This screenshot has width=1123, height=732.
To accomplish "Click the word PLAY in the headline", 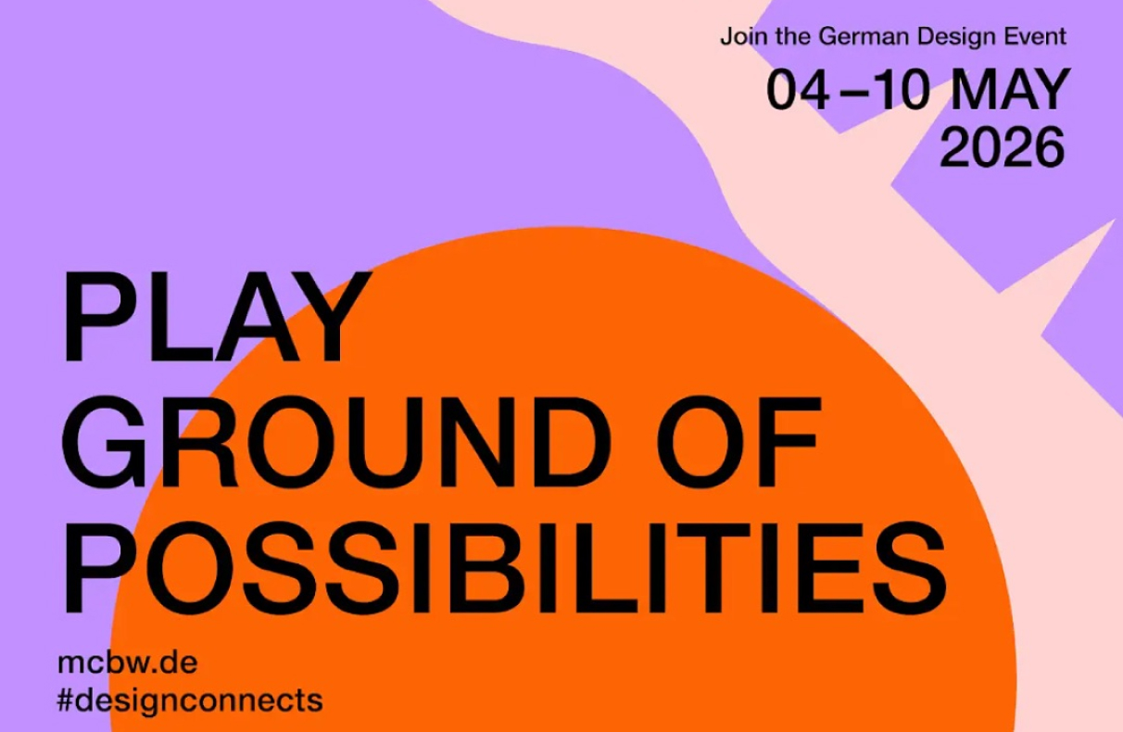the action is pyautogui.click(x=216, y=316).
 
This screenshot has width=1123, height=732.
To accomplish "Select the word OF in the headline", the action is pyautogui.click(x=738, y=442).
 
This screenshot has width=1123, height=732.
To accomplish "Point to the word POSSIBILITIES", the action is pyautogui.click(x=505, y=568).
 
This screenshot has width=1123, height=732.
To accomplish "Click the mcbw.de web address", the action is pyautogui.click(x=128, y=663).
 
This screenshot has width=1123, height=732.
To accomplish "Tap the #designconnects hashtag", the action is pyautogui.click(x=190, y=700).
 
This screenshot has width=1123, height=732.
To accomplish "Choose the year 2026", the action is pyautogui.click(x=1003, y=147).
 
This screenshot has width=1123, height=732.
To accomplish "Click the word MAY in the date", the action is pyautogui.click(x=1010, y=90).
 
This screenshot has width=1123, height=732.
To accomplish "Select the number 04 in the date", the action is pyautogui.click(x=798, y=90).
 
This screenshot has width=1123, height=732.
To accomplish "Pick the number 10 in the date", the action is pyautogui.click(x=900, y=90).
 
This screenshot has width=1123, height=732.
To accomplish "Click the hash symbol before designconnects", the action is pyautogui.click(x=66, y=700).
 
